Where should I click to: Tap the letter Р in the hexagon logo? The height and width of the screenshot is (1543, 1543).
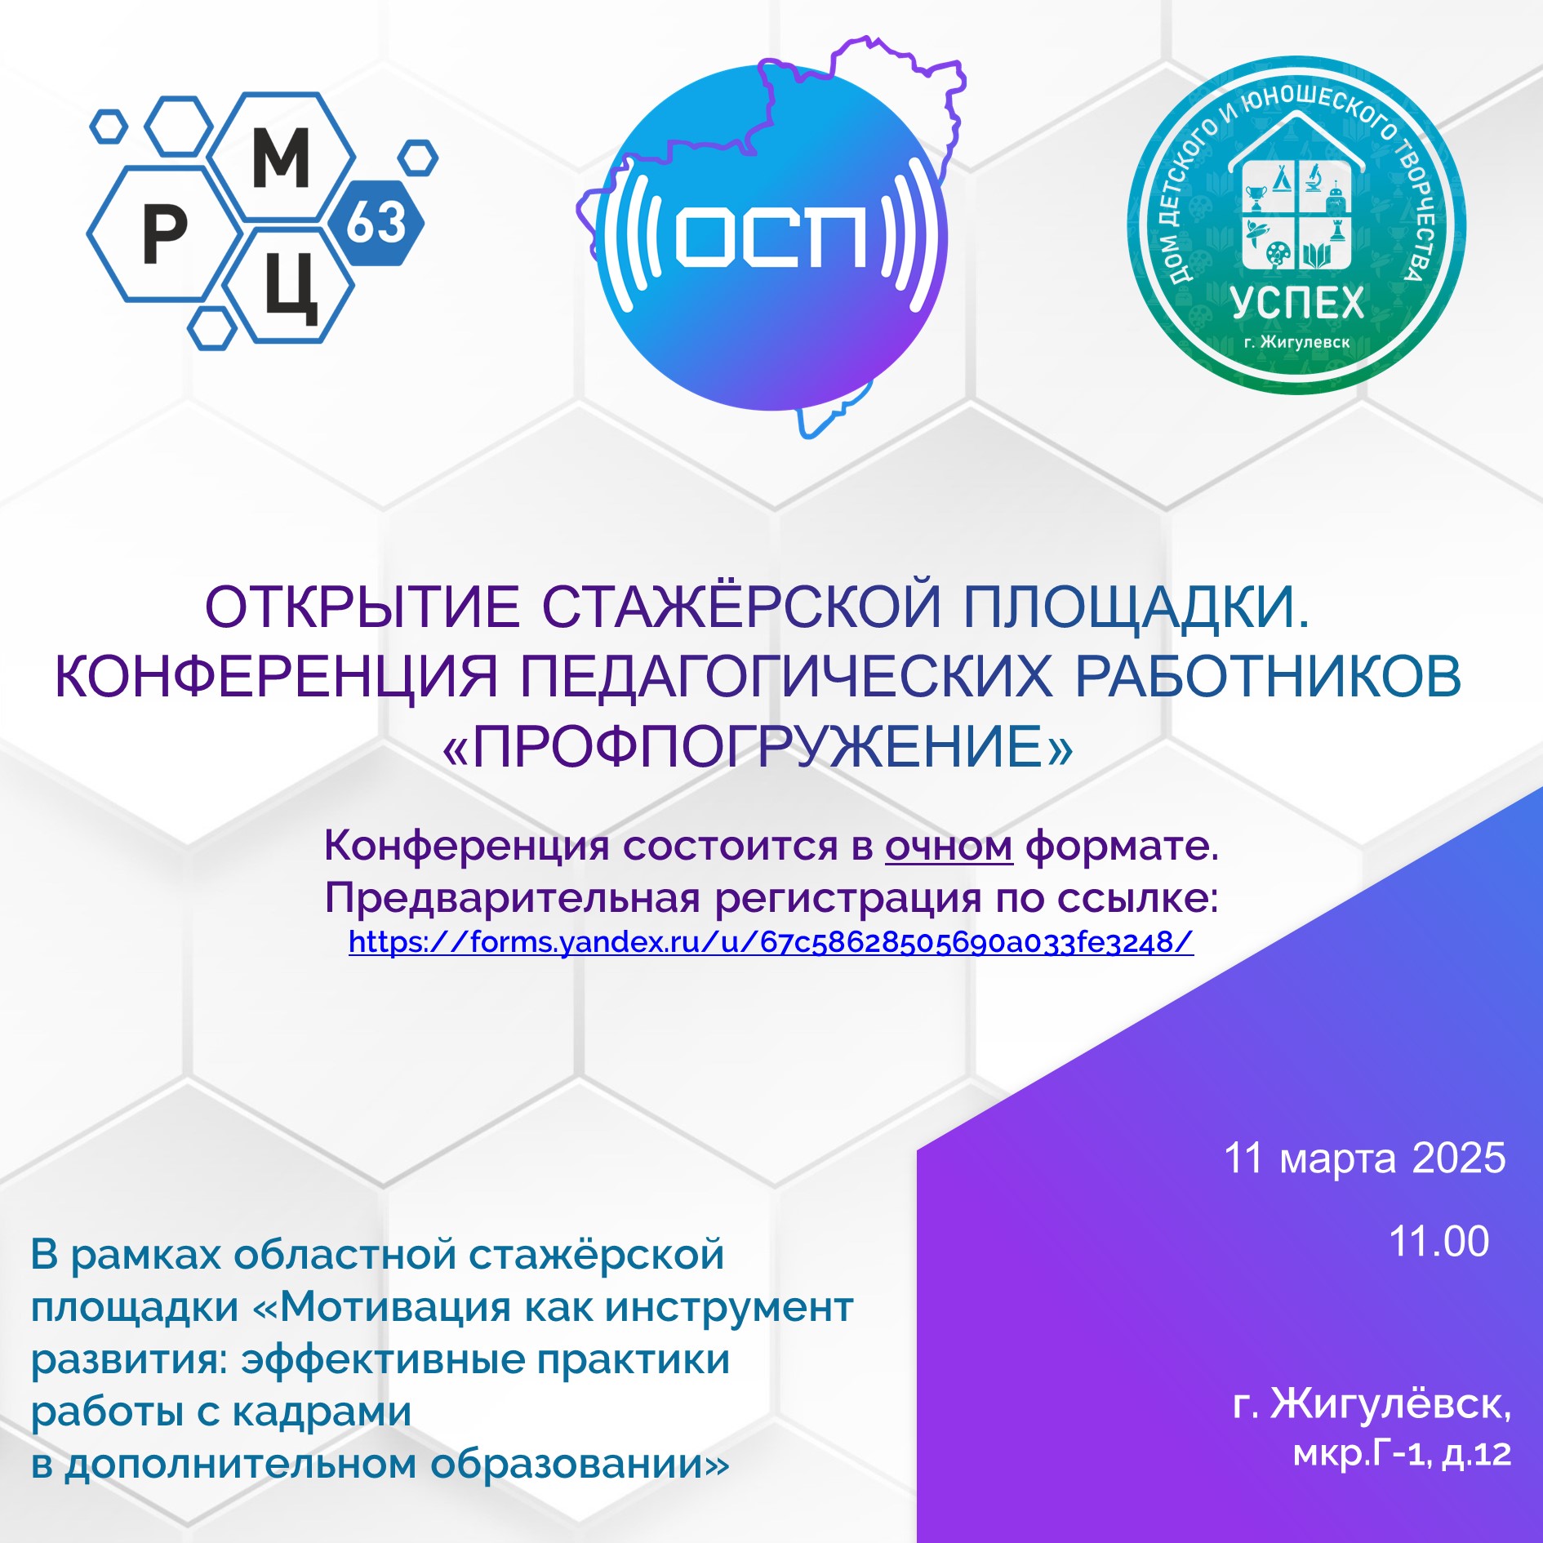[x=165, y=233]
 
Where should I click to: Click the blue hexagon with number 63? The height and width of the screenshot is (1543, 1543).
[x=377, y=222]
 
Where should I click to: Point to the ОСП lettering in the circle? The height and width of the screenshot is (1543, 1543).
[x=771, y=236]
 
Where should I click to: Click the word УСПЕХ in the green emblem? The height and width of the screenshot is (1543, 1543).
[x=1297, y=303]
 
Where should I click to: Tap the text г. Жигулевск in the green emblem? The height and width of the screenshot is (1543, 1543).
[x=1297, y=342]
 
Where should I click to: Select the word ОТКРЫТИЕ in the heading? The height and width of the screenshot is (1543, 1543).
[x=362, y=607]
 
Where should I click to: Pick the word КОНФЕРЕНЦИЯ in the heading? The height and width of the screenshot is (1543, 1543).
[x=276, y=677]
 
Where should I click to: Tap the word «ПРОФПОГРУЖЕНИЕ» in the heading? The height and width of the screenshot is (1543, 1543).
[x=758, y=747]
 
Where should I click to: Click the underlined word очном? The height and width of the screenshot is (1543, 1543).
[x=949, y=846]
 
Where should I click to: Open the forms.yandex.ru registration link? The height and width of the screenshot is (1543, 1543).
[x=771, y=942]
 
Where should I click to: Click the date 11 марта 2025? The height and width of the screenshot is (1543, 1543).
[x=1364, y=1158]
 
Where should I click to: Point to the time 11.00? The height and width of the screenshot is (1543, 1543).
[x=1439, y=1241]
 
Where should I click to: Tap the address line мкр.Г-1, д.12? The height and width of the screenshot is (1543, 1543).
[x=1402, y=1453]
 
